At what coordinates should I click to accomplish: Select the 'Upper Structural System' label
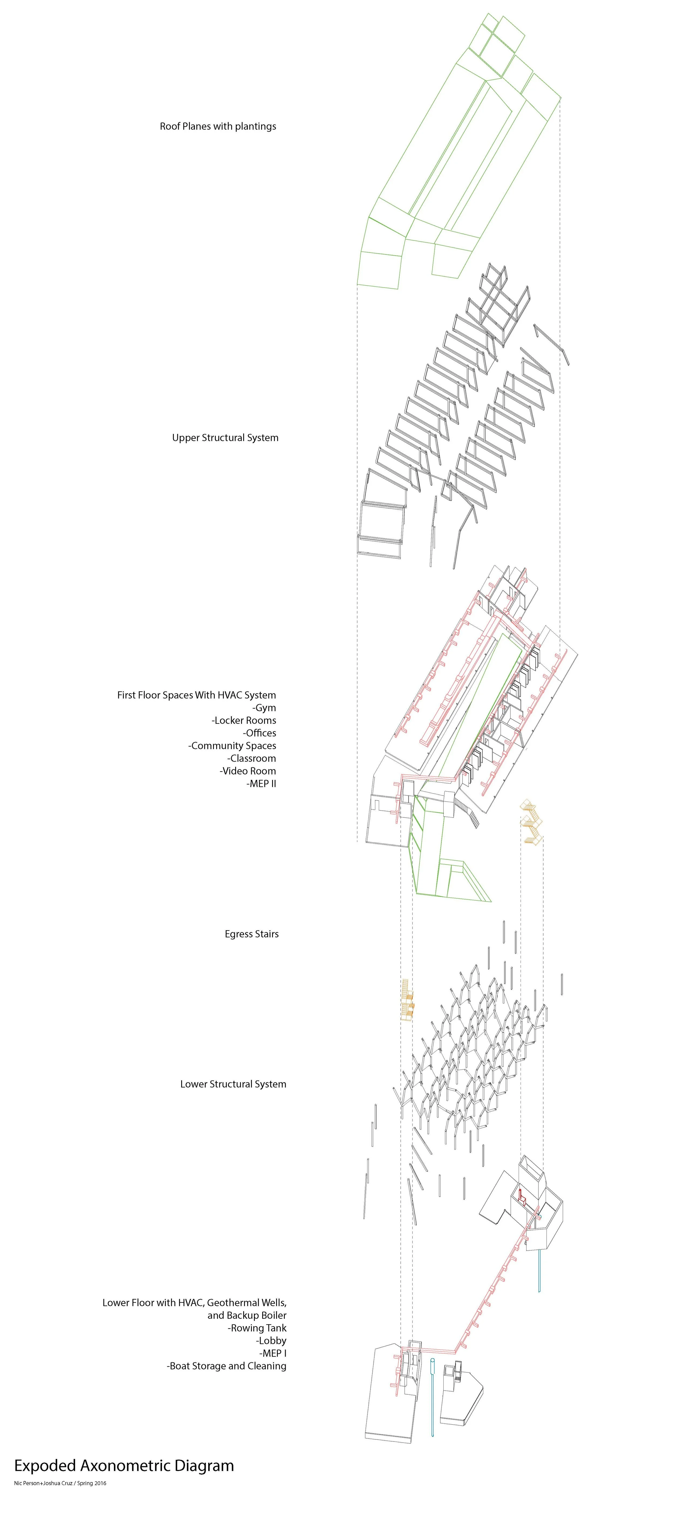pos(225,438)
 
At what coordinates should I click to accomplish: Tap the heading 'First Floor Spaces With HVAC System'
pos(196,695)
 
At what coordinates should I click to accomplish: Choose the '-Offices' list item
pos(259,733)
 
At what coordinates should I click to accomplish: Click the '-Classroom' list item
pos(252,758)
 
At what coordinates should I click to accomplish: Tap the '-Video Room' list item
pos(248,771)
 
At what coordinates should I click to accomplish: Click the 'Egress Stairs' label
pos(252,934)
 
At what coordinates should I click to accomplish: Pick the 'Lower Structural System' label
pos(234,1084)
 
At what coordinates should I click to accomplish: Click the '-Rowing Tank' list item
pos(257,1328)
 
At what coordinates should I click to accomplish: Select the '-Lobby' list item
pos(271,1341)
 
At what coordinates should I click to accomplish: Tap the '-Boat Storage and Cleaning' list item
pos(226,1366)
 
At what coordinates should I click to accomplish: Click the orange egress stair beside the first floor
pos(531,822)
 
